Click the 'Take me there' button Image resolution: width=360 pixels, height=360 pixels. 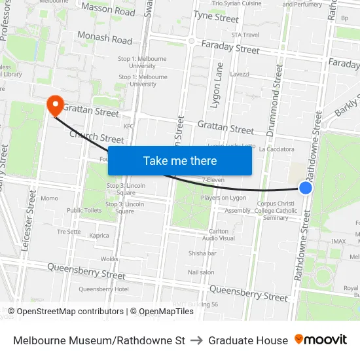tap(180, 160)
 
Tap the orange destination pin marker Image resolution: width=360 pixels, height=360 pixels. tap(54, 104)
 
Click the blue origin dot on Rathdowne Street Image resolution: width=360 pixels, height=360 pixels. tap(306, 188)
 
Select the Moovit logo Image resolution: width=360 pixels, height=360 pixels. tap(321, 340)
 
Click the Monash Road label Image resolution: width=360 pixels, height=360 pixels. tap(105, 38)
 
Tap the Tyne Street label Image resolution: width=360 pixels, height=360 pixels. tap(216, 17)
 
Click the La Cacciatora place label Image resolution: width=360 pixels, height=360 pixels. tap(277, 149)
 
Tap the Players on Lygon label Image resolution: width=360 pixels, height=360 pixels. tap(223, 198)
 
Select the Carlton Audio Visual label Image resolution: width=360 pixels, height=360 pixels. tap(219, 235)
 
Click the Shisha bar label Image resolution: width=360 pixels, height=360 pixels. tap(202, 253)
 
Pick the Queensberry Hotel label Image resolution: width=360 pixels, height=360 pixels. tap(103, 289)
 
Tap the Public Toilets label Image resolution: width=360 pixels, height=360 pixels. tap(84, 210)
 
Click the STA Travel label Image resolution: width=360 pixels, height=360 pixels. tap(245, 35)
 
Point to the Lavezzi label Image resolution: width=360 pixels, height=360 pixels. tap(240, 74)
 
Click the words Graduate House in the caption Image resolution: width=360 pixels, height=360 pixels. tap(248, 340)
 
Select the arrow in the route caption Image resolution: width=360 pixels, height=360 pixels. tap(197, 340)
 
